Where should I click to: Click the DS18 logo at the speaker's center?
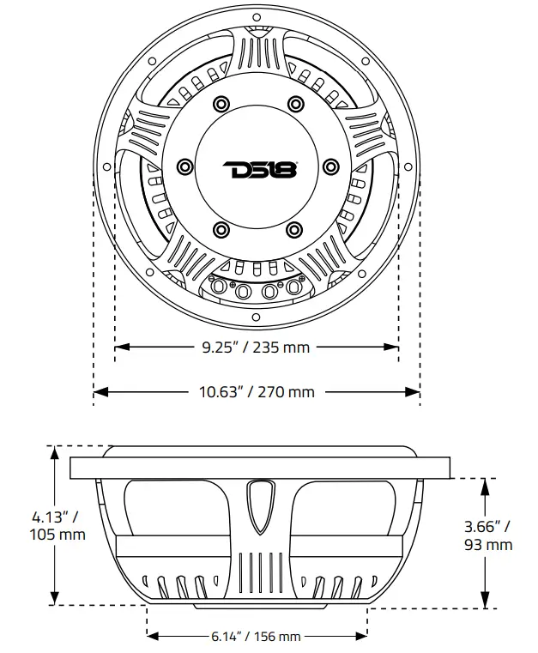258,168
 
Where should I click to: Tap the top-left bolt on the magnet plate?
221,104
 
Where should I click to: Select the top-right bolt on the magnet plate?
296,104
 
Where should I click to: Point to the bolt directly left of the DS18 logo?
184,166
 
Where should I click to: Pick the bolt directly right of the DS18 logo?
332,166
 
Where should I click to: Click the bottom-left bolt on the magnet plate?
221,229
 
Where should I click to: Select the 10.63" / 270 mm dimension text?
257,392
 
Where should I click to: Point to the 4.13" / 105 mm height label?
58,525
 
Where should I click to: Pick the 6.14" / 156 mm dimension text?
256,637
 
